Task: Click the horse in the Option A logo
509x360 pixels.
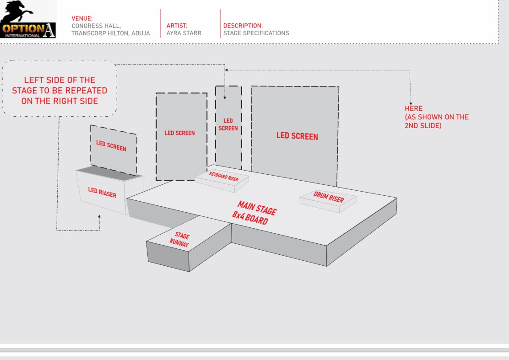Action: [17, 11]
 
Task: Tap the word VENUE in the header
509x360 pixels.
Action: [82, 19]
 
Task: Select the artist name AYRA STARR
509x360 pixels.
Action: [184, 33]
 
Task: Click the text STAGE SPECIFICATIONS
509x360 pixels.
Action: [256, 33]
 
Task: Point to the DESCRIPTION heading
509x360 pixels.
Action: [243, 26]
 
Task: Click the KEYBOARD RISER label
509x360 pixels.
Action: [224, 176]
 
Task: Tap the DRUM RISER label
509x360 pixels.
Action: [328, 197]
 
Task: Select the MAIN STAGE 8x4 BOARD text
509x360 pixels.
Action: [254, 212]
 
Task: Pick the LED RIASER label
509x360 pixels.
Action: [102, 193]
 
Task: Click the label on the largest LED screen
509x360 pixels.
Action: [297, 136]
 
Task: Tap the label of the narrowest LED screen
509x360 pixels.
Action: [228, 124]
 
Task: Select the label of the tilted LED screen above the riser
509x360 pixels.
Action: [111, 146]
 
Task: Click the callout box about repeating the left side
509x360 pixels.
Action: [60, 90]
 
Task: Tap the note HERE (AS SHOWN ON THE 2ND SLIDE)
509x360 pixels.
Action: [436, 117]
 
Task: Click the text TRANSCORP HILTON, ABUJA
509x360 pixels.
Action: [110, 33]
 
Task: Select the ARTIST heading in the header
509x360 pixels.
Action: [177, 26]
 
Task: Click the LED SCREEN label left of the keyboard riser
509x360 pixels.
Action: [179, 133]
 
